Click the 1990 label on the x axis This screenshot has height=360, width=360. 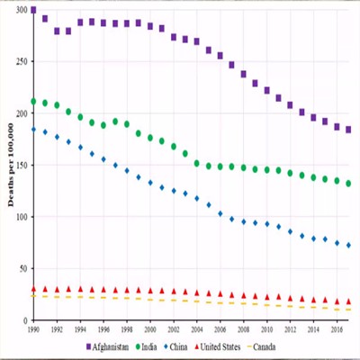pos(33,330)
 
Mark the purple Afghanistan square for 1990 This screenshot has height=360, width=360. pos(33,11)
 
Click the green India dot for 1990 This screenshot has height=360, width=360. pos(33,102)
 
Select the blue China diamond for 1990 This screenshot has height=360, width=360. pos(33,130)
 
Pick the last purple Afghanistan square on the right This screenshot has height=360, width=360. pos(348,130)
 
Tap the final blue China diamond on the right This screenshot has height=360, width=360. pos(348,245)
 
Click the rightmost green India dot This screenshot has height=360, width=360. pos(348,184)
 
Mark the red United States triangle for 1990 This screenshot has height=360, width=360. pos(33,289)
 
